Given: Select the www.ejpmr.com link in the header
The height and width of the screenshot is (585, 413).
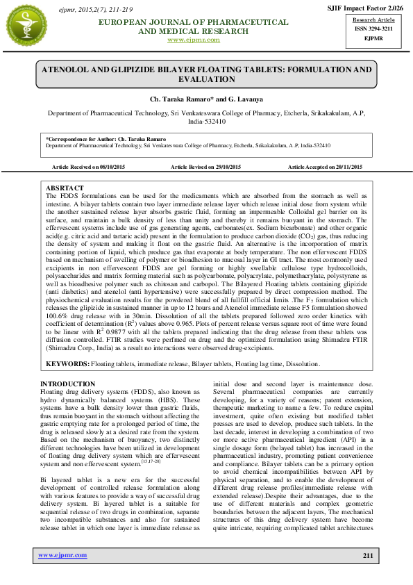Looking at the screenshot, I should click(194, 40).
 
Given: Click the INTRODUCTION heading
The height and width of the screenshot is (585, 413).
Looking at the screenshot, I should click(68, 384).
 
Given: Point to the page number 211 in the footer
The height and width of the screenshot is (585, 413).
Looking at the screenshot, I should click(368, 555).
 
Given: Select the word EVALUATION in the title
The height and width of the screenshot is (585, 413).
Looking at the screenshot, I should click(206, 80).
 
